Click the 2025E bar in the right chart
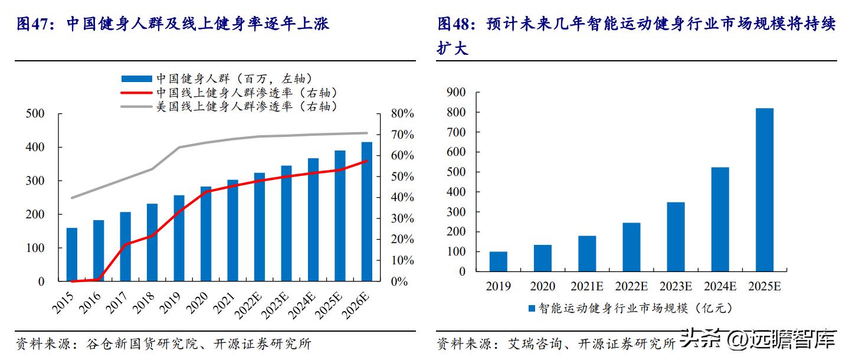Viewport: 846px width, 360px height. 764,189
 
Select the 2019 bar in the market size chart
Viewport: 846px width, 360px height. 499,261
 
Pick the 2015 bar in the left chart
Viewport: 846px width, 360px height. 72,254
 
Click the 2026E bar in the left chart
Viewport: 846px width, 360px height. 367,211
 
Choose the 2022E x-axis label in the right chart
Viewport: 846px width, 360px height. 631,286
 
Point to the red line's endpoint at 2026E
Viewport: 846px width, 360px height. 367,161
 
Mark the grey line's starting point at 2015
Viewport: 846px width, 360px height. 72,198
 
